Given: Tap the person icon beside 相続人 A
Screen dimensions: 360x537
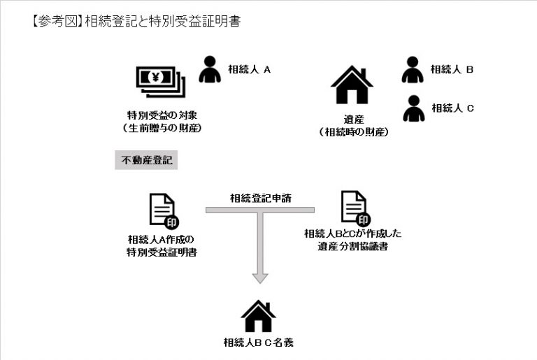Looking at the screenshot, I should [209, 69].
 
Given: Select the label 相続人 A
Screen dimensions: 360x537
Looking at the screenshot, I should [249, 69].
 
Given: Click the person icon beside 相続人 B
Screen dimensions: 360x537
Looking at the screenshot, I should [413, 69].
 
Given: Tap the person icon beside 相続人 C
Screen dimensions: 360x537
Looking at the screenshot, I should [413, 108].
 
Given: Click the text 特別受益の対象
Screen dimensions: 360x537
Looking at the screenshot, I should [162, 115].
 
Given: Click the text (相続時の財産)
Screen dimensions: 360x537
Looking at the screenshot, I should [353, 131].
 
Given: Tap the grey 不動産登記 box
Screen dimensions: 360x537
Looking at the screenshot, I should [145, 160].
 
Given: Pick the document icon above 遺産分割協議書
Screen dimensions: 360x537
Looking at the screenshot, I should [354, 208].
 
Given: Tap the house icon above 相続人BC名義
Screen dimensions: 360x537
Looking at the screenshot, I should [258, 316].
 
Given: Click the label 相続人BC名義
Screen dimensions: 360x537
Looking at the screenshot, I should [258, 343].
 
